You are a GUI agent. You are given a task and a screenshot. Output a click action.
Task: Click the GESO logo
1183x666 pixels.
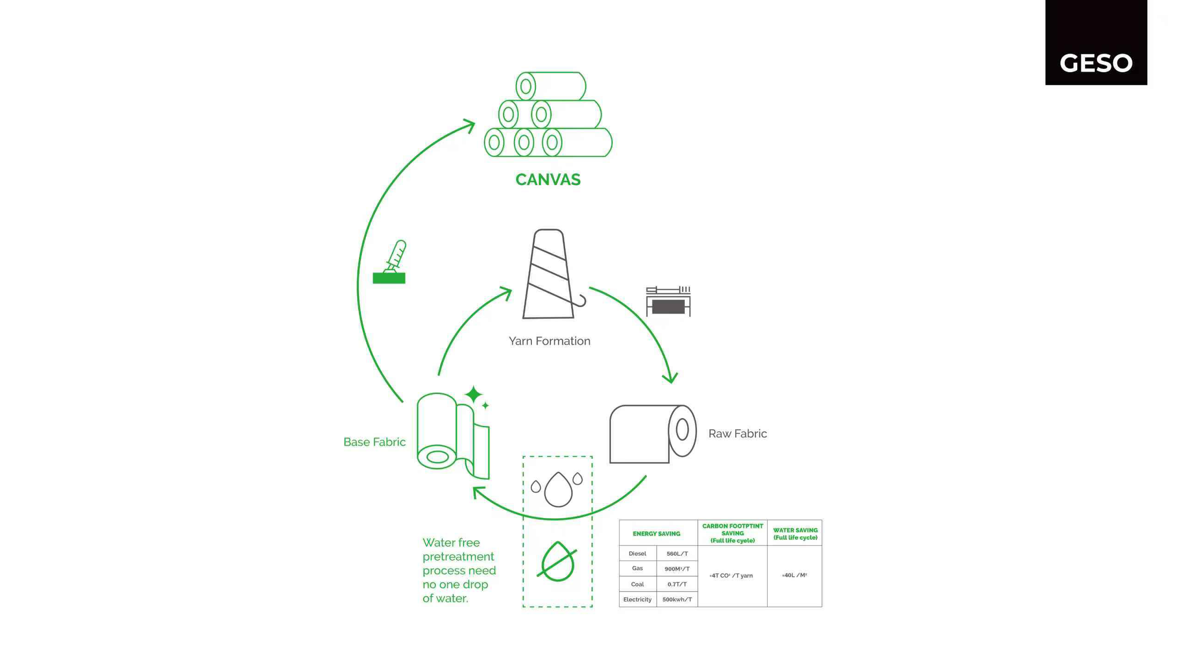[1096, 63]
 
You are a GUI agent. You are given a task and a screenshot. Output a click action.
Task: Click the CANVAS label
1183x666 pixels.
[548, 179]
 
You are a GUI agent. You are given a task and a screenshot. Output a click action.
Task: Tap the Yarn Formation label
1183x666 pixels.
[549, 341]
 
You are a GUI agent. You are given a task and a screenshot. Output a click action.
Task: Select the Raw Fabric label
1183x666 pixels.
[737, 433]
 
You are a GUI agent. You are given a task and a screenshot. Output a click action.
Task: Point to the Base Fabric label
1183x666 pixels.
[374, 442]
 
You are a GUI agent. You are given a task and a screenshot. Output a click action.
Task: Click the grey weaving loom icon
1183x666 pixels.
[668, 302]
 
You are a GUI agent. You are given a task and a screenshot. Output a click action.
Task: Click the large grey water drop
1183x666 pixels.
[558, 490]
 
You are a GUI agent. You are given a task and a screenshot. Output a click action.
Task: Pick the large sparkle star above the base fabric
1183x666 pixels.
[473, 395]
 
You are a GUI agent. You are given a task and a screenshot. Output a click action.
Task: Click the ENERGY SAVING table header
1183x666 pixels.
[656, 534]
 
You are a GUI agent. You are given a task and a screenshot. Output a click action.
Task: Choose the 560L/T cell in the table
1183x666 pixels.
[677, 554]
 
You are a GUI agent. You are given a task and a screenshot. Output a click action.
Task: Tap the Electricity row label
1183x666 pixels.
[637, 599]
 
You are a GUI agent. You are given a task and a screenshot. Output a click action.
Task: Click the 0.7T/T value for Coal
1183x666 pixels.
[677, 584]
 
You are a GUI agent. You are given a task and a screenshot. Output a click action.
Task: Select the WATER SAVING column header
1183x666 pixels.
[795, 534]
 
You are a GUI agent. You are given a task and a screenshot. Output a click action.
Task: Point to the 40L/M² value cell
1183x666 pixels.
[794, 575]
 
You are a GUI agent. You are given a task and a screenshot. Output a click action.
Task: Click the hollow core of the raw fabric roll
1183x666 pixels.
[682, 430]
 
